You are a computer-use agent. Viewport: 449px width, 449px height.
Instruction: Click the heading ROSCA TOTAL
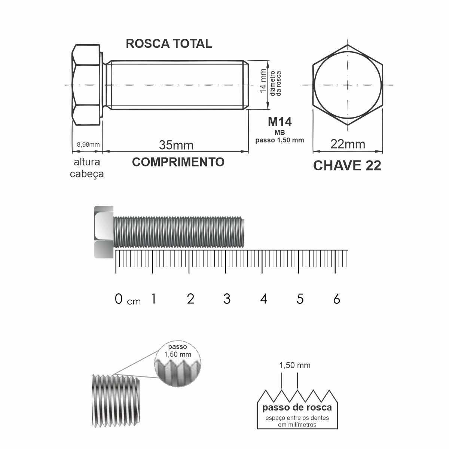(x=169, y=43)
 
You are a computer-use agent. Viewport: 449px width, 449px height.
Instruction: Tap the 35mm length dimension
(x=176, y=145)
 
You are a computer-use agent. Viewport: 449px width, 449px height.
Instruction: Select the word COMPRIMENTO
(x=178, y=162)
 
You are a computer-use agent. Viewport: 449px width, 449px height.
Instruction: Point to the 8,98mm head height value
(x=88, y=144)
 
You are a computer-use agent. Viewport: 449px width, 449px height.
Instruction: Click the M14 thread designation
(x=280, y=122)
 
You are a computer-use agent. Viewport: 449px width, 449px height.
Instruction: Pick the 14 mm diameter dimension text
(x=263, y=80)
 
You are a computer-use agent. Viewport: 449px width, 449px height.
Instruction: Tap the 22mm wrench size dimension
(x=348, y=144)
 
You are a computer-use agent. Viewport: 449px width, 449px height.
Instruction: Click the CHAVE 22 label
(x=347, y=166)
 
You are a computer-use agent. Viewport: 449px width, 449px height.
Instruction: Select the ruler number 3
(x=227, y=299)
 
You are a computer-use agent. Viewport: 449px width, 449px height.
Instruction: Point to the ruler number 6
(x=336, y=299)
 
